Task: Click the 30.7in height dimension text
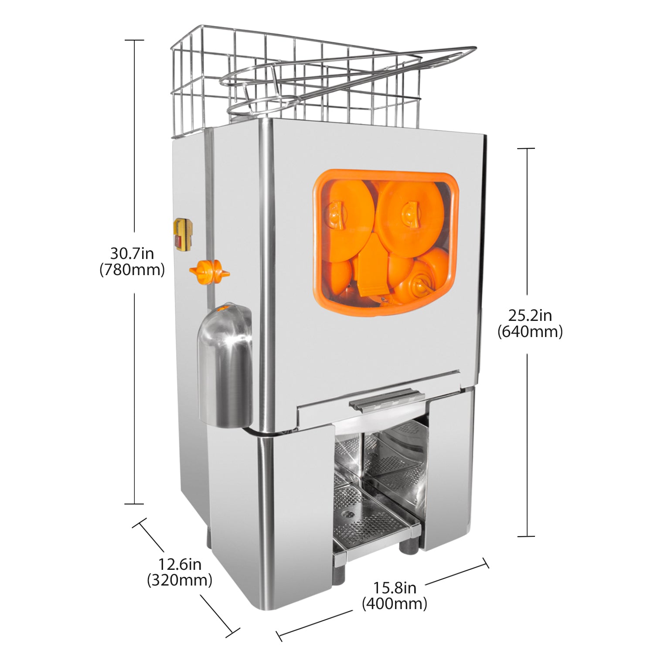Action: pyautogui.click(x=132, y=253)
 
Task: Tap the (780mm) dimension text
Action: pyautogui.click(x=132, y=270)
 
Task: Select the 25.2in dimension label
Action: pyautogui.click(x=530, y=315)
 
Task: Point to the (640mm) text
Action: pyautogui.click(x=530, y=332)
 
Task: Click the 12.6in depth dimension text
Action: pyautogui.click(x=180, y=565)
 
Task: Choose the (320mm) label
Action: pyautogui.click(x=180, y=581)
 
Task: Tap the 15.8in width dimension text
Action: pyautogui.click(x=395, y=588)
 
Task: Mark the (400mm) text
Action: pyautogui.click(x=395, y=604)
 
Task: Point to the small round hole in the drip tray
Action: pyautogui.click(x=347, y=514)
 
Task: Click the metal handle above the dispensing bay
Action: pyautogui.click(x=386, y=399)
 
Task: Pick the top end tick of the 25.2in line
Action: pyautogui.click(x=526, y=149)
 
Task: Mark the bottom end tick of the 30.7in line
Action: pyautogui.click(x=134, y=504)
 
